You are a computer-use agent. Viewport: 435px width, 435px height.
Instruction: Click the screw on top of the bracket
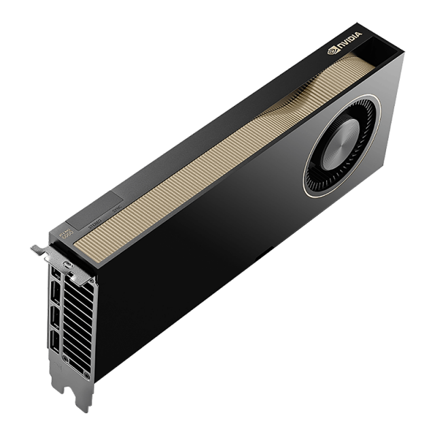pos(67,264)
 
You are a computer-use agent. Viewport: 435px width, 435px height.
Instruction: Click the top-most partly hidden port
pos(54,275)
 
